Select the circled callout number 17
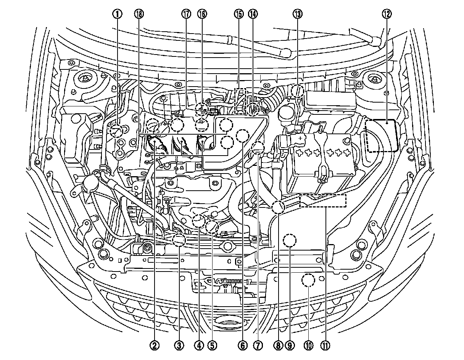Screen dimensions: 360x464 (x=186, y=14)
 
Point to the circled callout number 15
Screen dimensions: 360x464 (x=238, y=14)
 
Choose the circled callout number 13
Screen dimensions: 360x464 (x=297, y=14)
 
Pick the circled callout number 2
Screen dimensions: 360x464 (x=154, y=346)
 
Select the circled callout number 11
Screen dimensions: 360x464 (x=325, y=346)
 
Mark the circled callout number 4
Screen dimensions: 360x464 (x=198, y=346)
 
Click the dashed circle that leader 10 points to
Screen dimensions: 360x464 (x=308, y=281)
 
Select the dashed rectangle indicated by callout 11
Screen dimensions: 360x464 (x=323, y=201)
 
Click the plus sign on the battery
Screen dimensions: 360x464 (x=301, y=138)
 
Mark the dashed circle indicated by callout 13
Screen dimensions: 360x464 (x=297, y=92)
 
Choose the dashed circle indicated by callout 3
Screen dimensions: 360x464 (x=179, y=240)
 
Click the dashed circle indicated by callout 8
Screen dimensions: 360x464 (x=278, y=207)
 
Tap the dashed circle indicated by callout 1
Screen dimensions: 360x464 (x=116, y=131)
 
